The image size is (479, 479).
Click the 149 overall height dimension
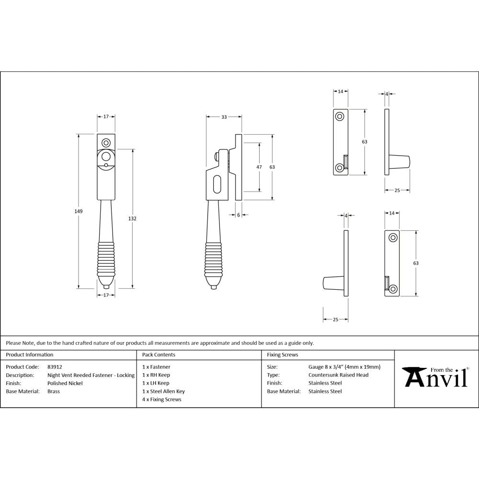tap(79, 211)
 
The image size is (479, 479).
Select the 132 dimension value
tap(133, 218)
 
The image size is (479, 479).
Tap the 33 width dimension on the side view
tap(224, 116)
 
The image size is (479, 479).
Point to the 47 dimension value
tap(259, 167)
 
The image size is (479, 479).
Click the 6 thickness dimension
tap(238, 215)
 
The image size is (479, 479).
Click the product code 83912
tap(55, 367)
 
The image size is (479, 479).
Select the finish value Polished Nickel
tap(65, 383)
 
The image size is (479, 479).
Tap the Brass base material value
tap(54, 391)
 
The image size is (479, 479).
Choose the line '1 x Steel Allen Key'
tap(163, 391)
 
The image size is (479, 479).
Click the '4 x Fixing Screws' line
tap(162, 399)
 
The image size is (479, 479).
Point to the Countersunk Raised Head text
tap(338, 375)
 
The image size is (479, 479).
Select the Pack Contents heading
tap(159, 355)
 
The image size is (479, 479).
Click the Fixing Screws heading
tap(282, 355)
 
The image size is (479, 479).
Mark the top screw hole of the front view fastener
tap(106, 142)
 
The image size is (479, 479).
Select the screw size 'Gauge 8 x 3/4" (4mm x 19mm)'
tap(344, 367)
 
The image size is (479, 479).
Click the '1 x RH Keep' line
tap(156, 375)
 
